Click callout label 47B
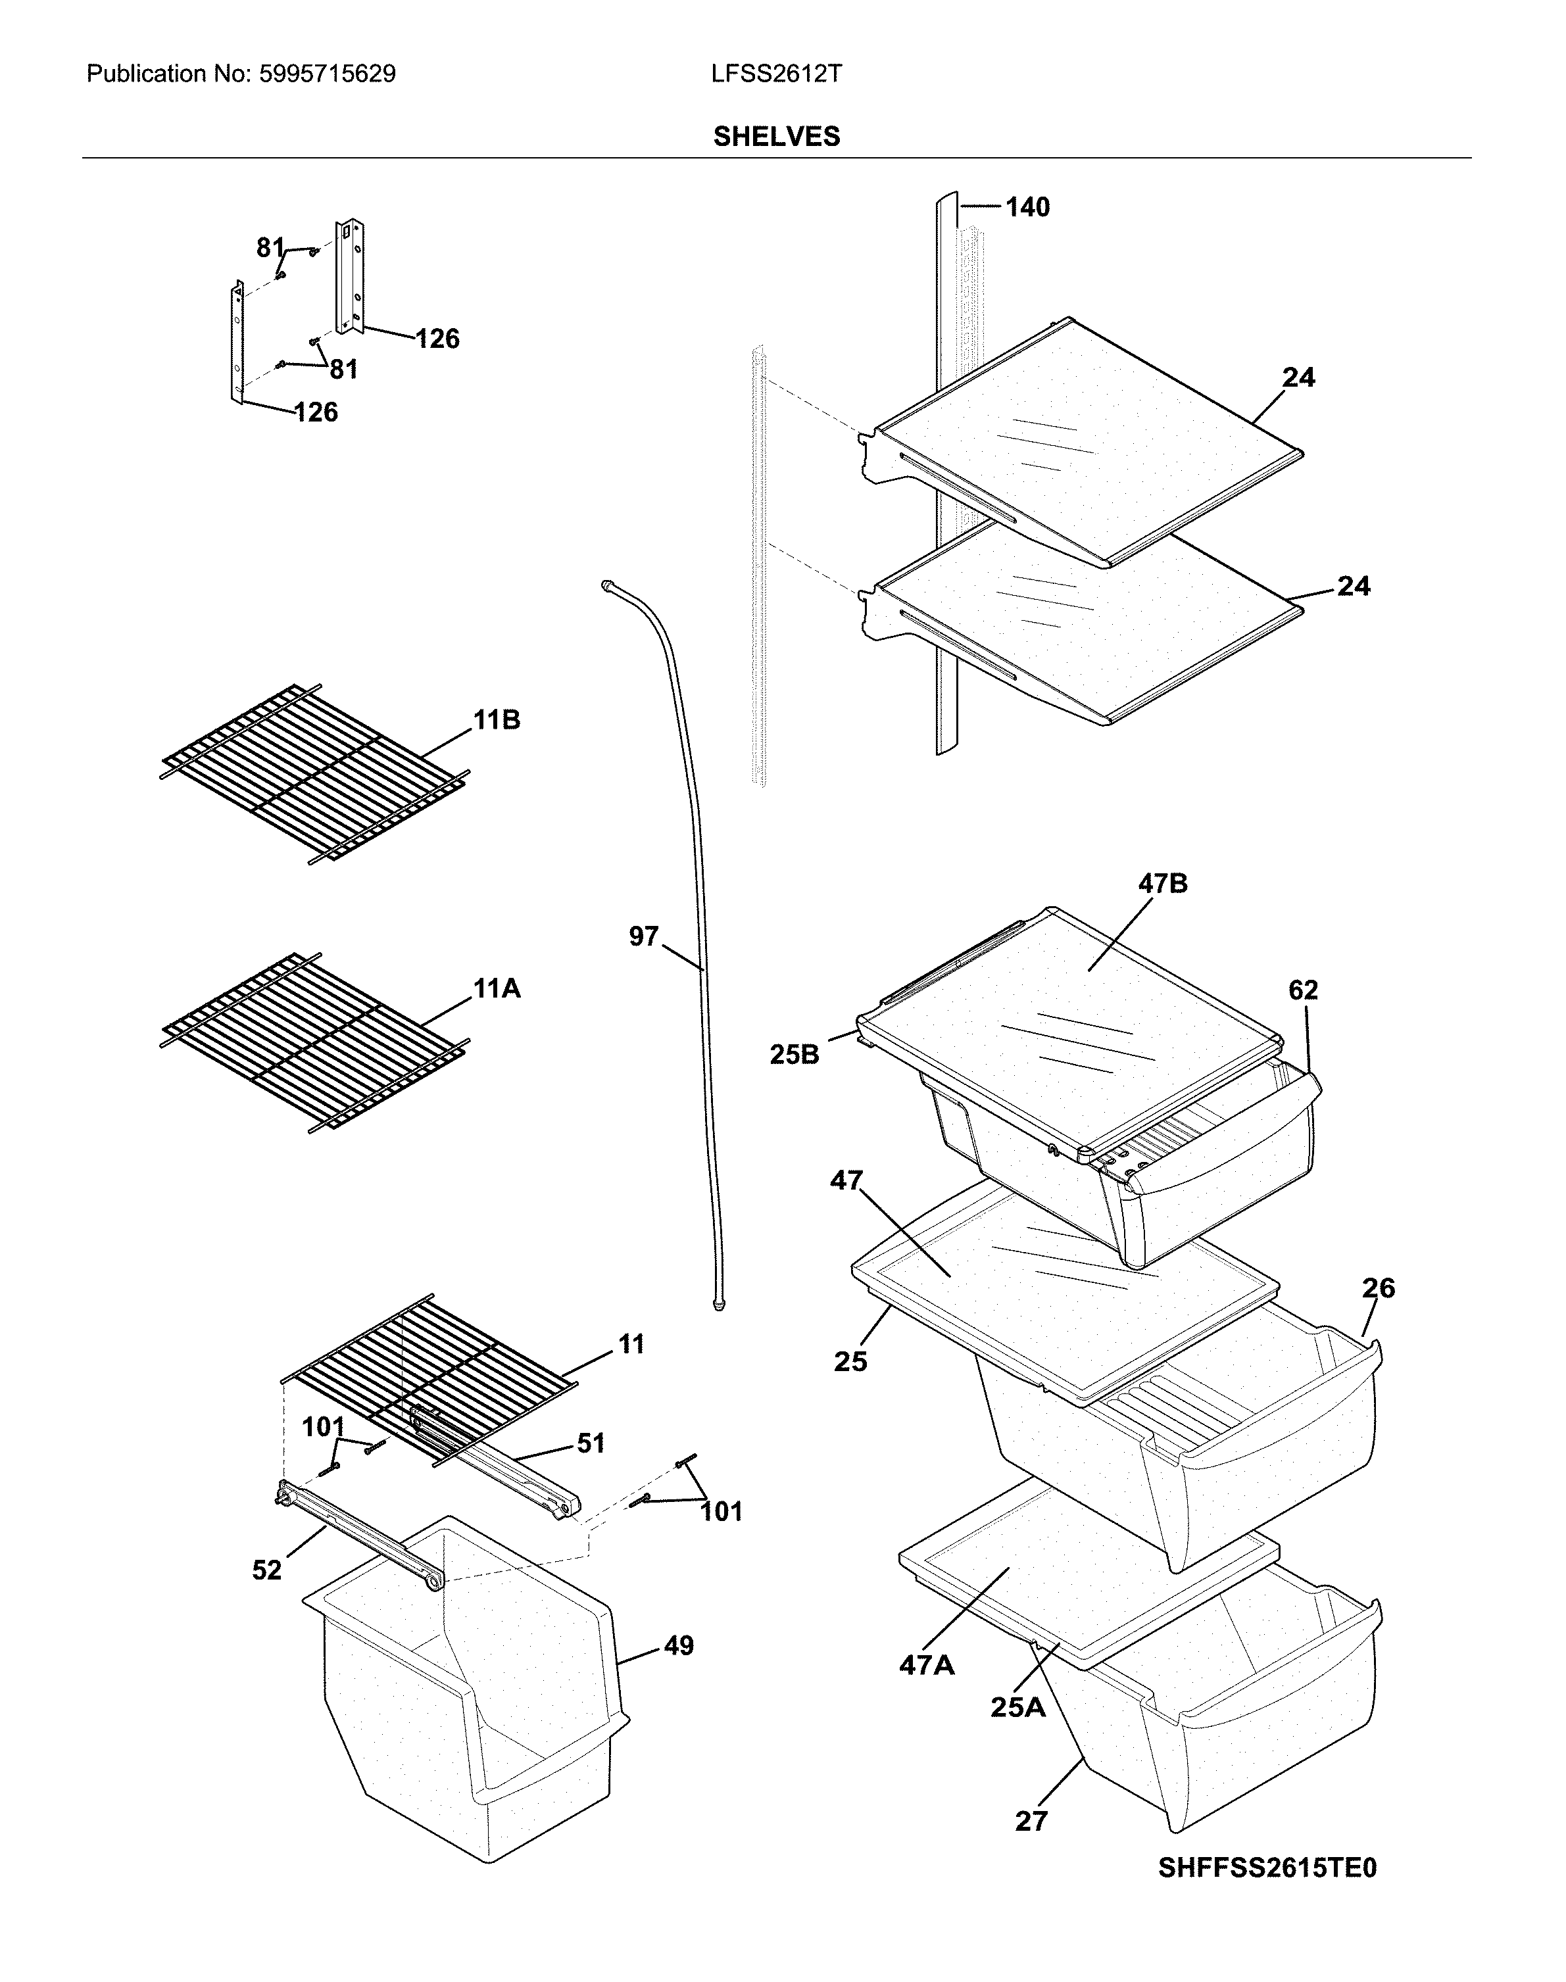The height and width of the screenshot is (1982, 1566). pos(1163,884)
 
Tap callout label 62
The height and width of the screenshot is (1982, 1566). pos(1303,990)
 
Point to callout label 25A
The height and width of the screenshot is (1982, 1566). pos(1017,1707)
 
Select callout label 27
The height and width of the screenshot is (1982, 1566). pos(1031,1822)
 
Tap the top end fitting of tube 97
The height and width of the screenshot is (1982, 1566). pos(607,584)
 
